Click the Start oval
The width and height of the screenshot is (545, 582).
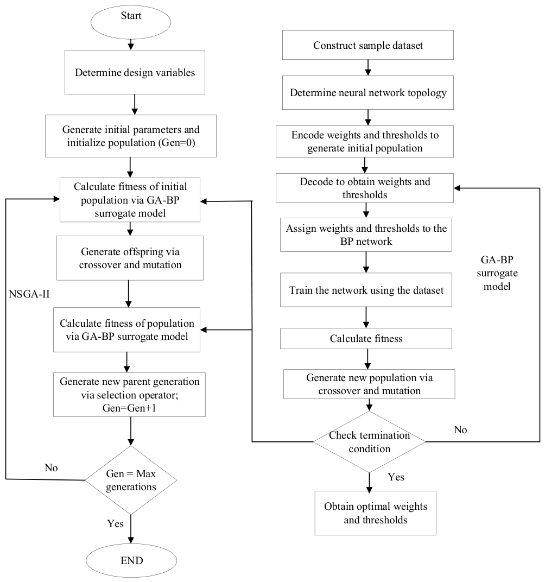(131, 22)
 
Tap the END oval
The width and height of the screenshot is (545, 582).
(131, 560)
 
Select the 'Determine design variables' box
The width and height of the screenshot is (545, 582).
(135, 72)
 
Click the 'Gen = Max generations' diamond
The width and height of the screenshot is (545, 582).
(131, 480)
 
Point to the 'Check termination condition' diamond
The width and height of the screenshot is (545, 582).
(369, 442)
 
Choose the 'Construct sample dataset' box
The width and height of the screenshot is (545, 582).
(367, 45)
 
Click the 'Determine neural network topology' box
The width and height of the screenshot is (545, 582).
(367, 92)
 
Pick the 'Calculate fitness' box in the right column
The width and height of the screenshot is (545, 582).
(366, 338)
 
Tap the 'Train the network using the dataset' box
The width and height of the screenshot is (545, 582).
(366, 290)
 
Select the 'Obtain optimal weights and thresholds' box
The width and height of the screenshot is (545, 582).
(376, 513)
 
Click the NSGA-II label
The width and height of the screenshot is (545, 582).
(29, 294)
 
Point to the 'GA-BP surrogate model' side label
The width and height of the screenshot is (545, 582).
(497, 273)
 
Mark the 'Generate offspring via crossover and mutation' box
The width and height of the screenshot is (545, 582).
(130, 258)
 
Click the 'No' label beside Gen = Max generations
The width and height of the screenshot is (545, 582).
(51, 467)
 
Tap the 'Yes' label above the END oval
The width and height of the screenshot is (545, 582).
(116, 523)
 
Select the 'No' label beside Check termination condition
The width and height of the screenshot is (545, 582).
(460, 429)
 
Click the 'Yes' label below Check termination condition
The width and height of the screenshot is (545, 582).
(396, 477)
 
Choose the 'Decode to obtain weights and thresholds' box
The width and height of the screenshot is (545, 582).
(365, 188)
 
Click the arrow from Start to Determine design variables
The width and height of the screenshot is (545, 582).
(131, 44)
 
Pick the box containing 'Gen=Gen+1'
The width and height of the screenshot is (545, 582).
(129, 395)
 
